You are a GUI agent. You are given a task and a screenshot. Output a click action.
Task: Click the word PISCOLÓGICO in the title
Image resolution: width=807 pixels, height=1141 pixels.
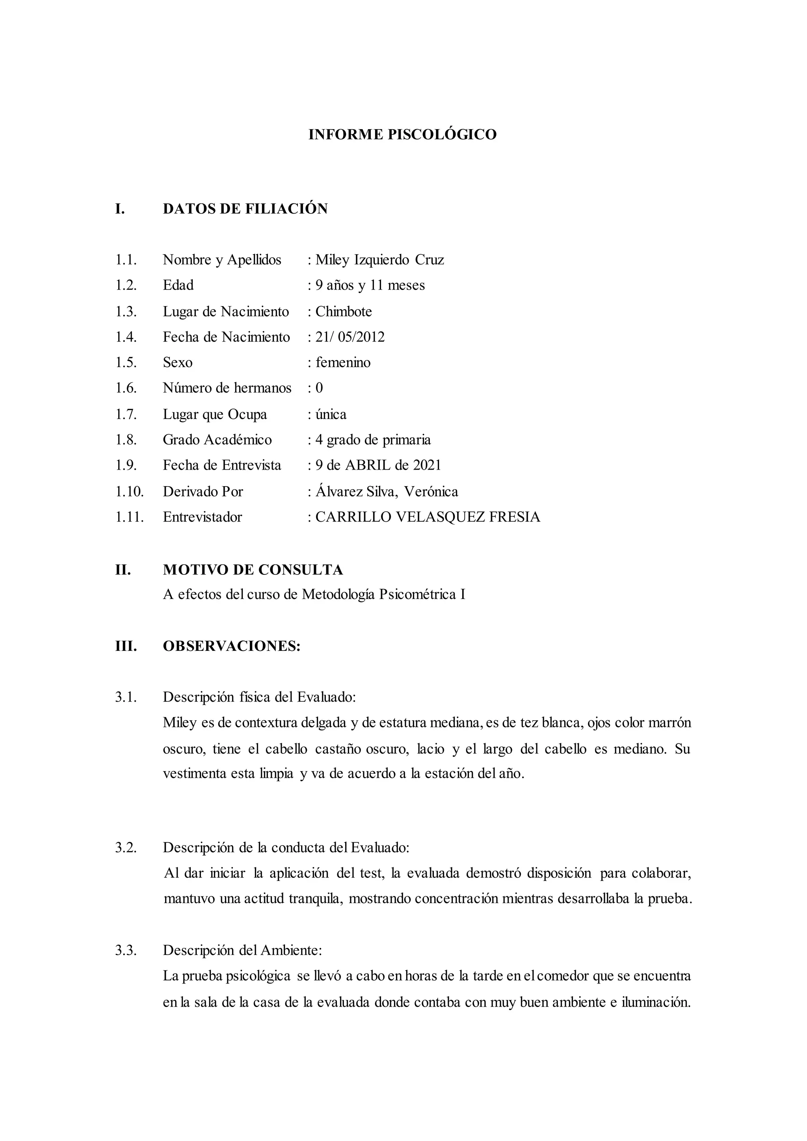pos(442,135)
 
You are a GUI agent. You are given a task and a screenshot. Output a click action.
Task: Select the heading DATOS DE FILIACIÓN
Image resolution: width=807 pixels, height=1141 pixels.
pos(245,209)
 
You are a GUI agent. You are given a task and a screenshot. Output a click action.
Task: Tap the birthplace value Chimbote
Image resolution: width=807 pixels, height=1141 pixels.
pos(343,312)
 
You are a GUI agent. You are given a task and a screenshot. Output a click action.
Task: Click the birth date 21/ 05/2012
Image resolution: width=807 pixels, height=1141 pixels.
pos(350,337)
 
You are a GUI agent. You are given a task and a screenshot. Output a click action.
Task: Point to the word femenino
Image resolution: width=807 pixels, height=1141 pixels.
pos(343,362)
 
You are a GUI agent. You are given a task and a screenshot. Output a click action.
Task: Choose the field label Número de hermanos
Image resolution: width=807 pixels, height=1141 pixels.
pos(227,388)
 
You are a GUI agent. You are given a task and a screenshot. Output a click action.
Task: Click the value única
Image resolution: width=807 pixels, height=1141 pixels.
pos(331,414)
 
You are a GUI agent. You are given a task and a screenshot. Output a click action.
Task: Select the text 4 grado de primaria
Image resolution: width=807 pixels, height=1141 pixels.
pos(373,440)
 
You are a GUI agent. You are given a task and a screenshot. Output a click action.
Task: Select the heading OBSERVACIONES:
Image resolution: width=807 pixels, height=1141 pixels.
pos(232,646)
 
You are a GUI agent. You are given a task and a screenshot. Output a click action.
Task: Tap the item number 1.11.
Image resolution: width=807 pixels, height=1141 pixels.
pos(130,517)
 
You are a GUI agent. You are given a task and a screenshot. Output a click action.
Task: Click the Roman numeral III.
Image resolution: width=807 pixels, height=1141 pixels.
pos(126,646)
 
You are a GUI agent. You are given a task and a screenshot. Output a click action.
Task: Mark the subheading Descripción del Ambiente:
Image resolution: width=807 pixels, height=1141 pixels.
pos(242,950)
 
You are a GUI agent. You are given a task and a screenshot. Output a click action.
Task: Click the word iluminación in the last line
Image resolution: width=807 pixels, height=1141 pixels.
pos(655,1002)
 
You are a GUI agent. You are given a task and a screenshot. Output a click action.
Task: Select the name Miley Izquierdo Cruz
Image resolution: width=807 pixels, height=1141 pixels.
pos(379,260)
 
